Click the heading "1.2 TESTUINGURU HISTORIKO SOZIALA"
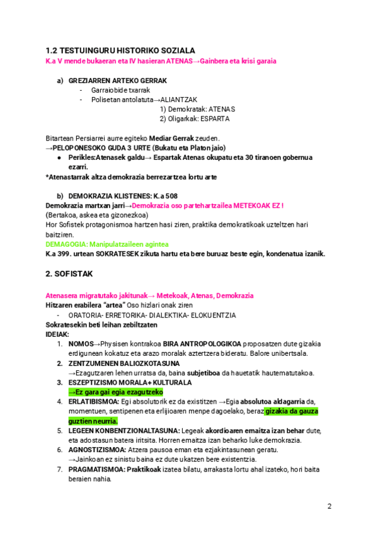tap(120, 50)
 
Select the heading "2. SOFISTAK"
tap(70, 275)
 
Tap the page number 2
tap(329, 507)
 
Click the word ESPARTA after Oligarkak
tap(216, 118)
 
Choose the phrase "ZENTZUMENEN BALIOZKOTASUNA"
tap(115, 363)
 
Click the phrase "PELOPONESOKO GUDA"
tap(92, 147)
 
